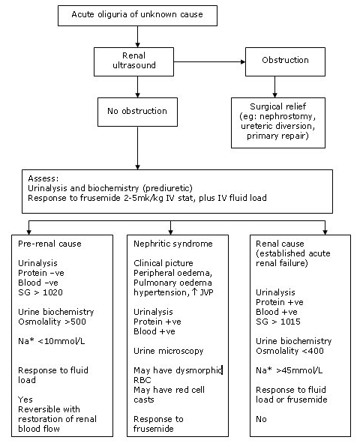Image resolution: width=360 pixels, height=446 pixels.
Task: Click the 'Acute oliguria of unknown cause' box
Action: click(137, 16)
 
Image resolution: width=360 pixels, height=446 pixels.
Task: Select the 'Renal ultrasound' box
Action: click(133, 61)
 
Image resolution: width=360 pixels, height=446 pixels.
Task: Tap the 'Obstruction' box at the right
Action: click(285, 61)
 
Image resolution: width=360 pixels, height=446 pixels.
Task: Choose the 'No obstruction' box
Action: click(137, 112)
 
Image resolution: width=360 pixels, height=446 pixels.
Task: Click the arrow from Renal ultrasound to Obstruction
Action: click(209, 61)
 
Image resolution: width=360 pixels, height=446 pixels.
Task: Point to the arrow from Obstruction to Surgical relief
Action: click(274, 87)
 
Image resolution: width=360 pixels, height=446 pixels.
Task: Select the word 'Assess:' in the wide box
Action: click(43, 178)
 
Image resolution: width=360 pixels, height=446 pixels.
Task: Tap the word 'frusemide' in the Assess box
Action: click(100, 198)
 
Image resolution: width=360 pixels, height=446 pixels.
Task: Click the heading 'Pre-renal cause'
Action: click(49, 244)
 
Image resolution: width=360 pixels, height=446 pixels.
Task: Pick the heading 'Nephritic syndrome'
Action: click(173, 244)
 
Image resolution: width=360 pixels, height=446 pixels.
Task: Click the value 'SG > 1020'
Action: click(40, 292)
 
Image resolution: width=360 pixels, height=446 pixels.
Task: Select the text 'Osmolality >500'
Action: click(52, 322)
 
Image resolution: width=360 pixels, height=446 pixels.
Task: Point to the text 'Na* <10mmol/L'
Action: click(52, 341)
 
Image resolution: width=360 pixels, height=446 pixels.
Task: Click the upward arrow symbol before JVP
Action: click(195, 292)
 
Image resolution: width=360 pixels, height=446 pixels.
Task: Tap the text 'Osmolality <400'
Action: click(289, 351)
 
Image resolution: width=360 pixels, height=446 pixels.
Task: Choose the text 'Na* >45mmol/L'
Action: click(289, 370)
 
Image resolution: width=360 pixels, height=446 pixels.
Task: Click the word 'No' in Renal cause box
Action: click(261, 419)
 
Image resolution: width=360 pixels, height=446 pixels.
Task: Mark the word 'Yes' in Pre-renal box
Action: click(25, 400)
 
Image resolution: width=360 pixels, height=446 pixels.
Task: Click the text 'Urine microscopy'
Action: click(169, 351)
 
